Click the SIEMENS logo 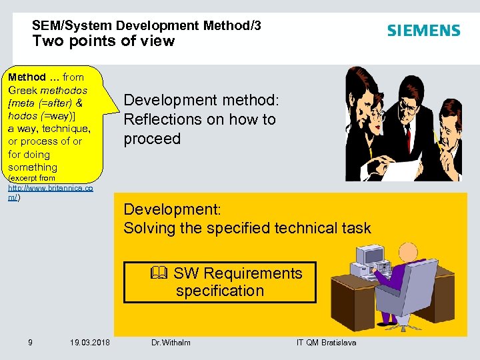point(423,31)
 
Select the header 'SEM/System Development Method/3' point(146,25)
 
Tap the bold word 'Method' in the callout point(27,77)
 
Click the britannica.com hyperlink point(50,193)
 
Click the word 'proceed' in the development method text point(152,139)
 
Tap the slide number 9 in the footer point(31,343)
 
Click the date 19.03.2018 point(91,343)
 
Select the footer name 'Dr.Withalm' point(171,343)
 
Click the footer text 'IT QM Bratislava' point(326,343)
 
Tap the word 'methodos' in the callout point(64,90)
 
